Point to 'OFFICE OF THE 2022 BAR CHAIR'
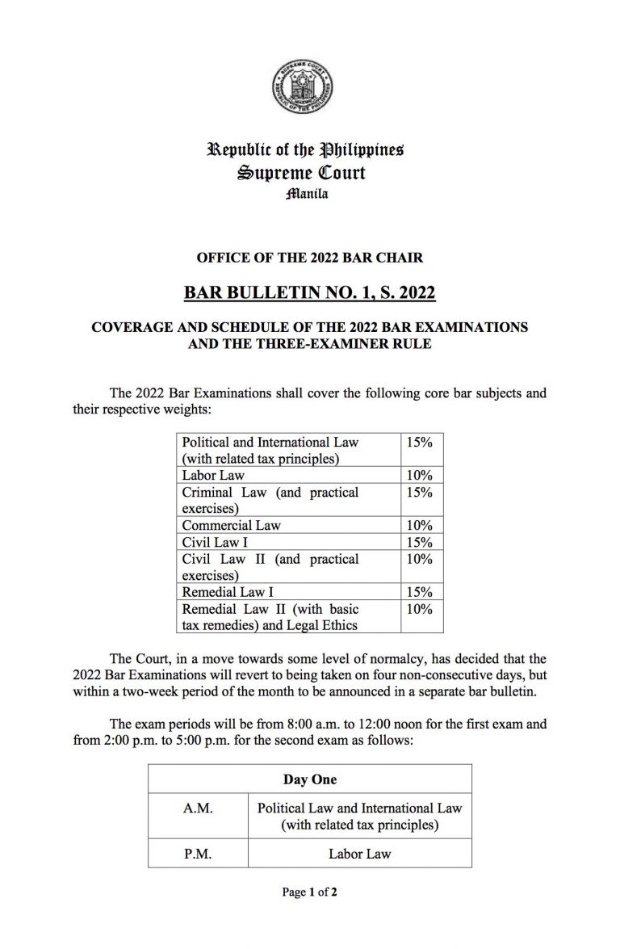click(x=310, y=258)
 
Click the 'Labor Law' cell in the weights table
click(x=213, y=476)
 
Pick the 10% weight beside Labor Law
click(x=421, y=476)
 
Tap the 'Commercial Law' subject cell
click(x=232, y=526)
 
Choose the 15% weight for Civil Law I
click(x=421, y=543)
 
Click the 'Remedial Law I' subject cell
click(x=228, y=592)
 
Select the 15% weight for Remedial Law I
click(x=421, y=592)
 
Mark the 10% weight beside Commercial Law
click(x=421, y=526)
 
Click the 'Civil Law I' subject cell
click(x=215, y=543)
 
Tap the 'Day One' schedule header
click(x=310, y=779)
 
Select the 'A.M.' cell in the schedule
click(x=198, y=808)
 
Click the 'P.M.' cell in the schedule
click(x=197, y=853)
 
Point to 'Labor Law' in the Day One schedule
click(x=360, y=853)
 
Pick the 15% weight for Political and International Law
click(x=421, y=443)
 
